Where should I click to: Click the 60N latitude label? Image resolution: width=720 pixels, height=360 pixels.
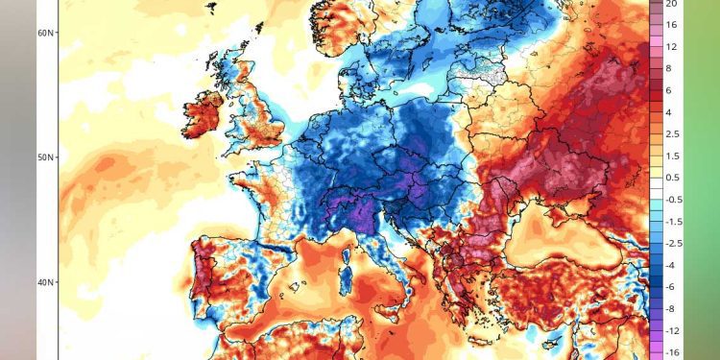pyautogui.click(x=44, y=33)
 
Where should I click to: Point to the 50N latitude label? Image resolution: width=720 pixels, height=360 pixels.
pyautogui.click(x=44, y=156)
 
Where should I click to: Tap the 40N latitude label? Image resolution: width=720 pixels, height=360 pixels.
pyautogui.click(x=44, y=282)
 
